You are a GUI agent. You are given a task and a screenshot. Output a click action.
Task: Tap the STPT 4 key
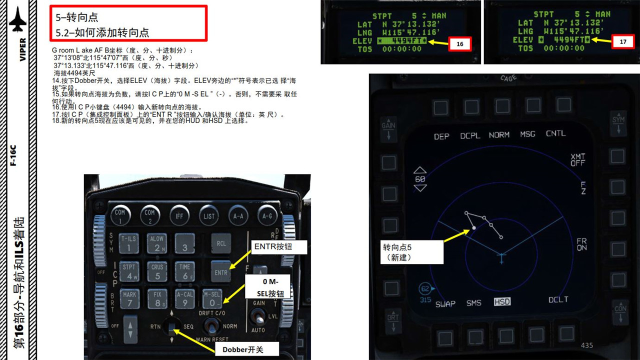[129, 271]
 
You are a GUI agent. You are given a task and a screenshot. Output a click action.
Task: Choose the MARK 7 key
[129, 299]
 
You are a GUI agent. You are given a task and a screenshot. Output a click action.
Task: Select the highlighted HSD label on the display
[502, 302]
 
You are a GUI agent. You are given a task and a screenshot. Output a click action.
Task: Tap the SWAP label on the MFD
[445, 303]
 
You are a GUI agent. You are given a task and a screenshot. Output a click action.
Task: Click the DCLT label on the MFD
[558, 299]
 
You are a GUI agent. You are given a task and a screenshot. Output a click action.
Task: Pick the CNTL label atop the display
[555, 133]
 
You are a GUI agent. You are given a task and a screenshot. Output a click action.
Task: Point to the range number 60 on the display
[420, 179]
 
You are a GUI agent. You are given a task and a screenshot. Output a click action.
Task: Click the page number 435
[587, 345]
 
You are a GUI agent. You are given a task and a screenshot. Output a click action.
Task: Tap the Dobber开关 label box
[245, 349]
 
